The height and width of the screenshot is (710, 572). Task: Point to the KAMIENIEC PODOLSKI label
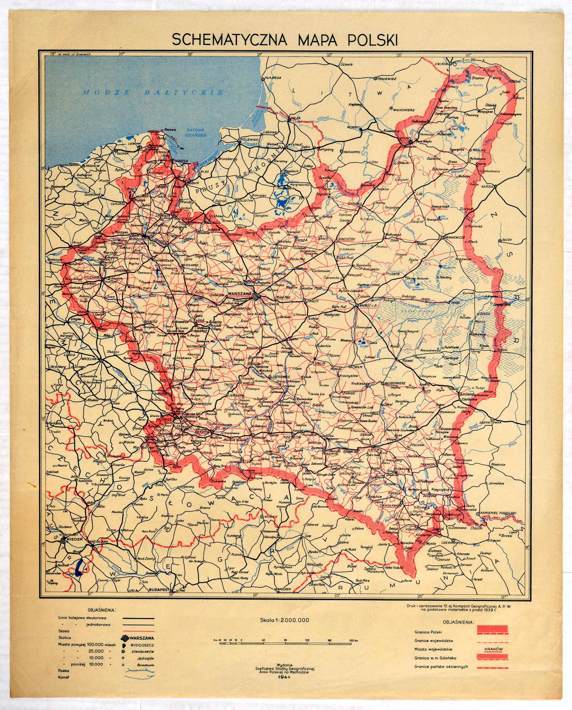coord(499,513)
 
